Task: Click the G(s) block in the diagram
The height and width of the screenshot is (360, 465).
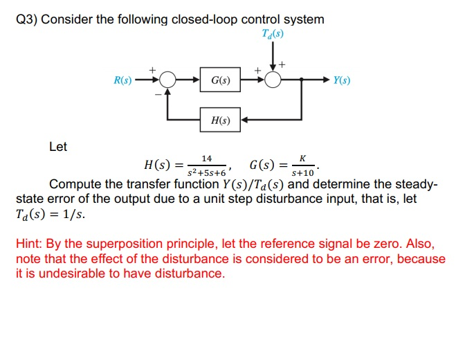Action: [x=221, y=81]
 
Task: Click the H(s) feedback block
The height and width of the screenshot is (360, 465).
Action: [x=221, y=119]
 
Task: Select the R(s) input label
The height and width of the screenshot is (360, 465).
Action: [x=122, y=81]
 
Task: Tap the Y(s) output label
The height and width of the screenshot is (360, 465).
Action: [x=341, y=81]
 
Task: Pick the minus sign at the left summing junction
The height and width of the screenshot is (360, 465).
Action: [x=157, y=94]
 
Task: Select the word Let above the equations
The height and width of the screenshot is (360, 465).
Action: [x=58, y=147]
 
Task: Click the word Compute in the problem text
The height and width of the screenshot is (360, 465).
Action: [x=75, y=185]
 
